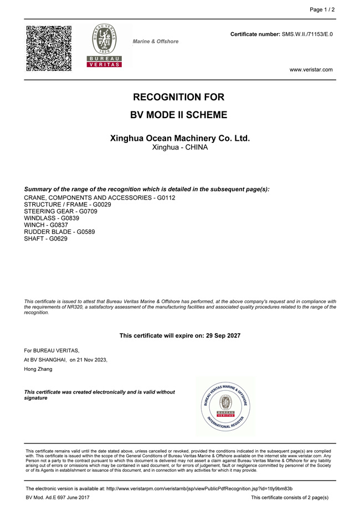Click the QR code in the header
coord(49,48)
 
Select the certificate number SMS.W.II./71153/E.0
coord(307,34)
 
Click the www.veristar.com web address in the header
coord(311,70)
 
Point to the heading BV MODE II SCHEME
coord(178,115)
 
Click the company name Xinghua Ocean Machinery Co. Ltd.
coord(180,138)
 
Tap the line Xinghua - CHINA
coord(180,148)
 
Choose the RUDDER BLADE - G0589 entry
coord(60,232)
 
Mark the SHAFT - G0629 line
coord(46,238)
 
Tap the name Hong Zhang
coord(38,369)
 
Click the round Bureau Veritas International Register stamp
coord(225,407)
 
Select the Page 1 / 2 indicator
coord(322,9)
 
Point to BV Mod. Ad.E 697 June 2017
coord(58,498)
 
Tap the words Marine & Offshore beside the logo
coord(156,42)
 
